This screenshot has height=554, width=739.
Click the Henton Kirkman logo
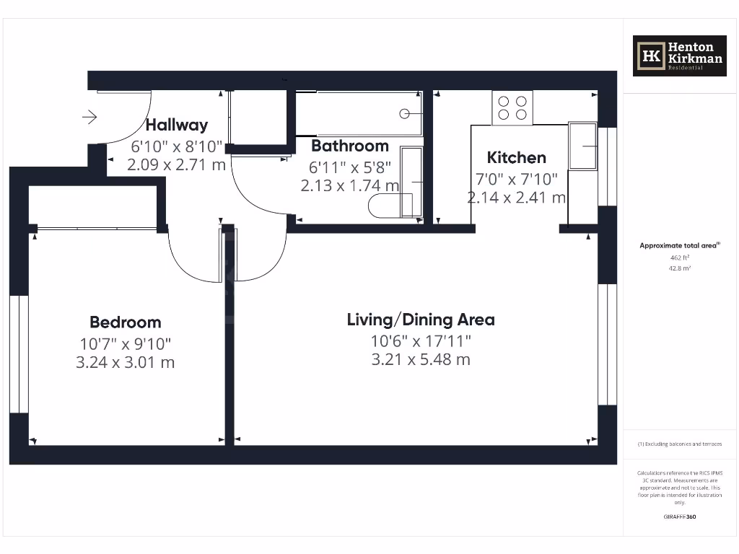[679, 56]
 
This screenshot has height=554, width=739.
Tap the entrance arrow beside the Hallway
[90, 116]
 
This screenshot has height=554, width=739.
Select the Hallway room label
[177, 125]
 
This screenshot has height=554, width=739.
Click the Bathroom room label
[349, 146]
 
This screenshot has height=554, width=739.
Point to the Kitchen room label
[516, 157]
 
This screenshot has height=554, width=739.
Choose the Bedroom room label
[125, 322]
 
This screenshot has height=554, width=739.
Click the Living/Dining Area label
[421, 320]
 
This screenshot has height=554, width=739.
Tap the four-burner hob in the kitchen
[512, 108]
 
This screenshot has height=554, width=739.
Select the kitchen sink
[582, 146]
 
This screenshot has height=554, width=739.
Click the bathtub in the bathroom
[359, 114]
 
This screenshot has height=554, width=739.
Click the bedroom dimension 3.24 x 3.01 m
[125, 362]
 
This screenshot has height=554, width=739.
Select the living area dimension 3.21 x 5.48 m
[421, 359]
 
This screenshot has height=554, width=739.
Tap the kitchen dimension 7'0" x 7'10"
[516, 178]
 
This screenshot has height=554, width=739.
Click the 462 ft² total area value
[680, 258]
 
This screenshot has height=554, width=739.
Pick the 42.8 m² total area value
[680, 268]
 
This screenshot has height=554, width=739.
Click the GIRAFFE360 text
[680, 516]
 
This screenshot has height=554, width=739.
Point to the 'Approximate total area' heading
[679, 246]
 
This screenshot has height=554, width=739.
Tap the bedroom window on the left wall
[19, 353]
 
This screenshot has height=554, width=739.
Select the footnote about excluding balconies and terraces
[679, 444]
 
